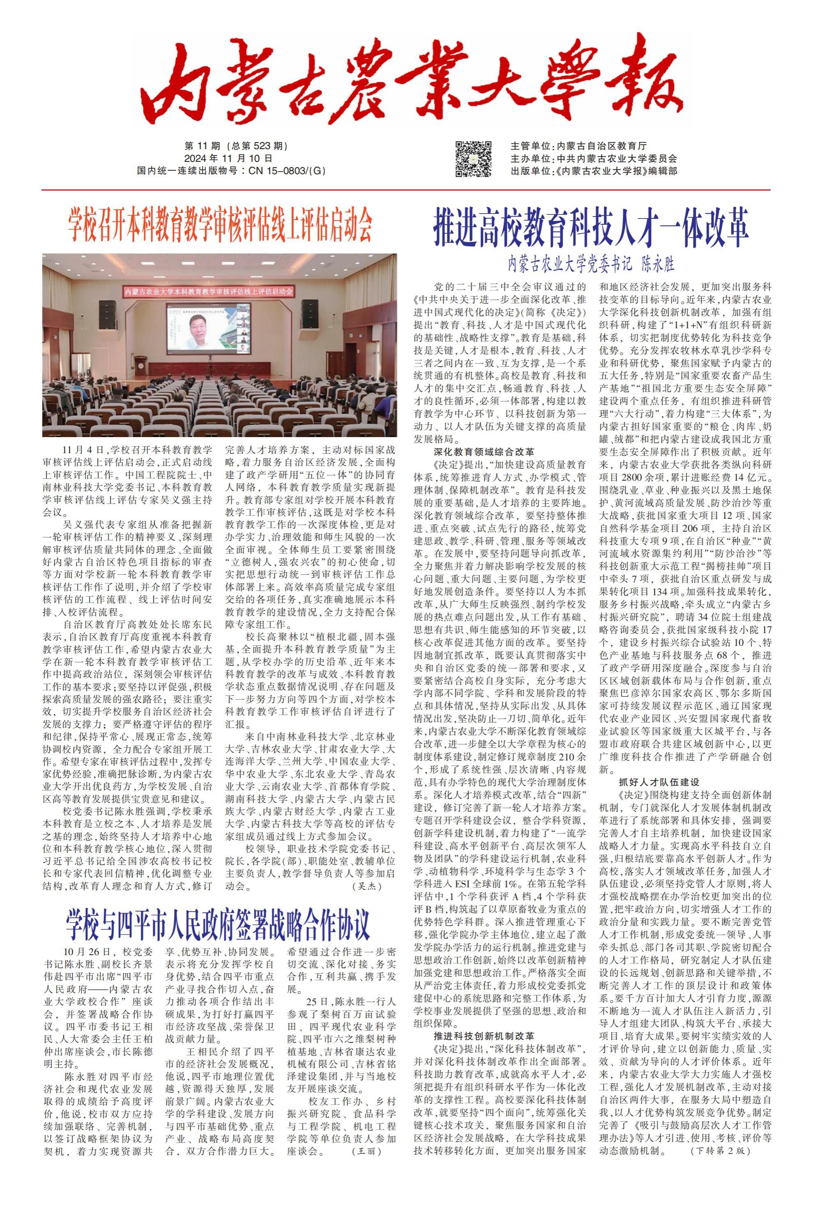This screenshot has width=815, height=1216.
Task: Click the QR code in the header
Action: pyautogui.click(x=474, y=159)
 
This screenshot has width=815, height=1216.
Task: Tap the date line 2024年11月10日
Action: pyautogui.click(x=228, y=159)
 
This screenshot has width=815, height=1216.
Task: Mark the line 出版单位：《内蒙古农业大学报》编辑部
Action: pyautogui.click(x=594, y=170)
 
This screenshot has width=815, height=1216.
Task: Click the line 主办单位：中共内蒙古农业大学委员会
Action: pyautogui.click(x=594, y=159)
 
